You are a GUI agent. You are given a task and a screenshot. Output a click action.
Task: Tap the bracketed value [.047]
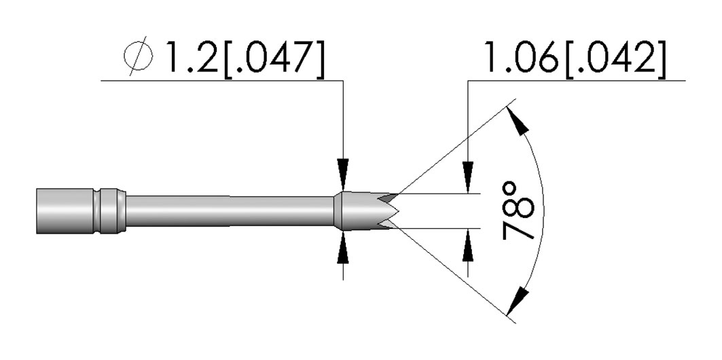coord(274,57)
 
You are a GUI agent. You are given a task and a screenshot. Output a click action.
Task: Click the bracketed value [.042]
coord(614,57)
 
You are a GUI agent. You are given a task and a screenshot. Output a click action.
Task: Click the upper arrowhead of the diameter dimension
coord(343,175)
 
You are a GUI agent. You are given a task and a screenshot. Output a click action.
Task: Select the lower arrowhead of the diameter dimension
coord(343,248)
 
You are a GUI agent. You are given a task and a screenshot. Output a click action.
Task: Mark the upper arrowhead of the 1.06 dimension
coord(468,177)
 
